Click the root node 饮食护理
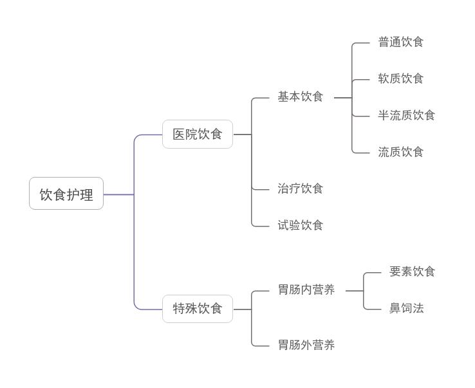point(66,194)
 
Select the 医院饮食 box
point(197,134)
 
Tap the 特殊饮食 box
point(197,309)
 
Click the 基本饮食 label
point(300,97)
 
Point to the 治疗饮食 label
point(300,189)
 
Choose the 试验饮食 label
point(300,225)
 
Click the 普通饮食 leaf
point(400,42)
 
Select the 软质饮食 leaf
point(400,79)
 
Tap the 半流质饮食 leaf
point(406,115)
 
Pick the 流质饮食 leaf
point(400,152)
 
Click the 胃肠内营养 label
point(306,290)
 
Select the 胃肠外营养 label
point(306,346)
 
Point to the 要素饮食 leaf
point(412,272)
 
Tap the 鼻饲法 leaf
point(406,308)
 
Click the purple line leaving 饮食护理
point(118,194)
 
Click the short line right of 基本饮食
point(342,98)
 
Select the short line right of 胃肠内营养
point(354,291)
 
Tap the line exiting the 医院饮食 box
point(241,134)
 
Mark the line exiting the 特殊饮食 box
point(241,309)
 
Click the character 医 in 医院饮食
point(179,134)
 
